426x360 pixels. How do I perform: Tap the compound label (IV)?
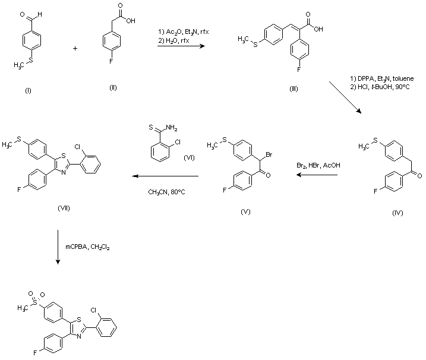click(x=397, y=213)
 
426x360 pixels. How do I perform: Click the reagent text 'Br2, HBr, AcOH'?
click(x=319, y=166)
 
